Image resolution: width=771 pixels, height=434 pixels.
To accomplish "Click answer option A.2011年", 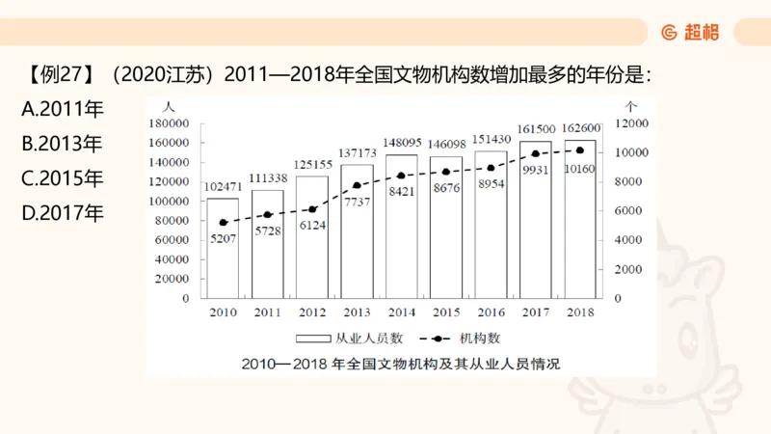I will point(62,110).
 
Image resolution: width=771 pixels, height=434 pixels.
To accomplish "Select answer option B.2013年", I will point(62,145).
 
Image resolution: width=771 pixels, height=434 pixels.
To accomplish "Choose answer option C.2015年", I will point(62,179).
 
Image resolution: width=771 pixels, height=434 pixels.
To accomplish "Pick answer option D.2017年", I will point(62,213).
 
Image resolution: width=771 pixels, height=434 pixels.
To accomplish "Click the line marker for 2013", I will point(357,185).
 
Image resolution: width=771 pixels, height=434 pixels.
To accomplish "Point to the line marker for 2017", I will point(535,153).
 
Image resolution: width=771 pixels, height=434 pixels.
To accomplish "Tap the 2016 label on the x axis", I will point(491,312).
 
